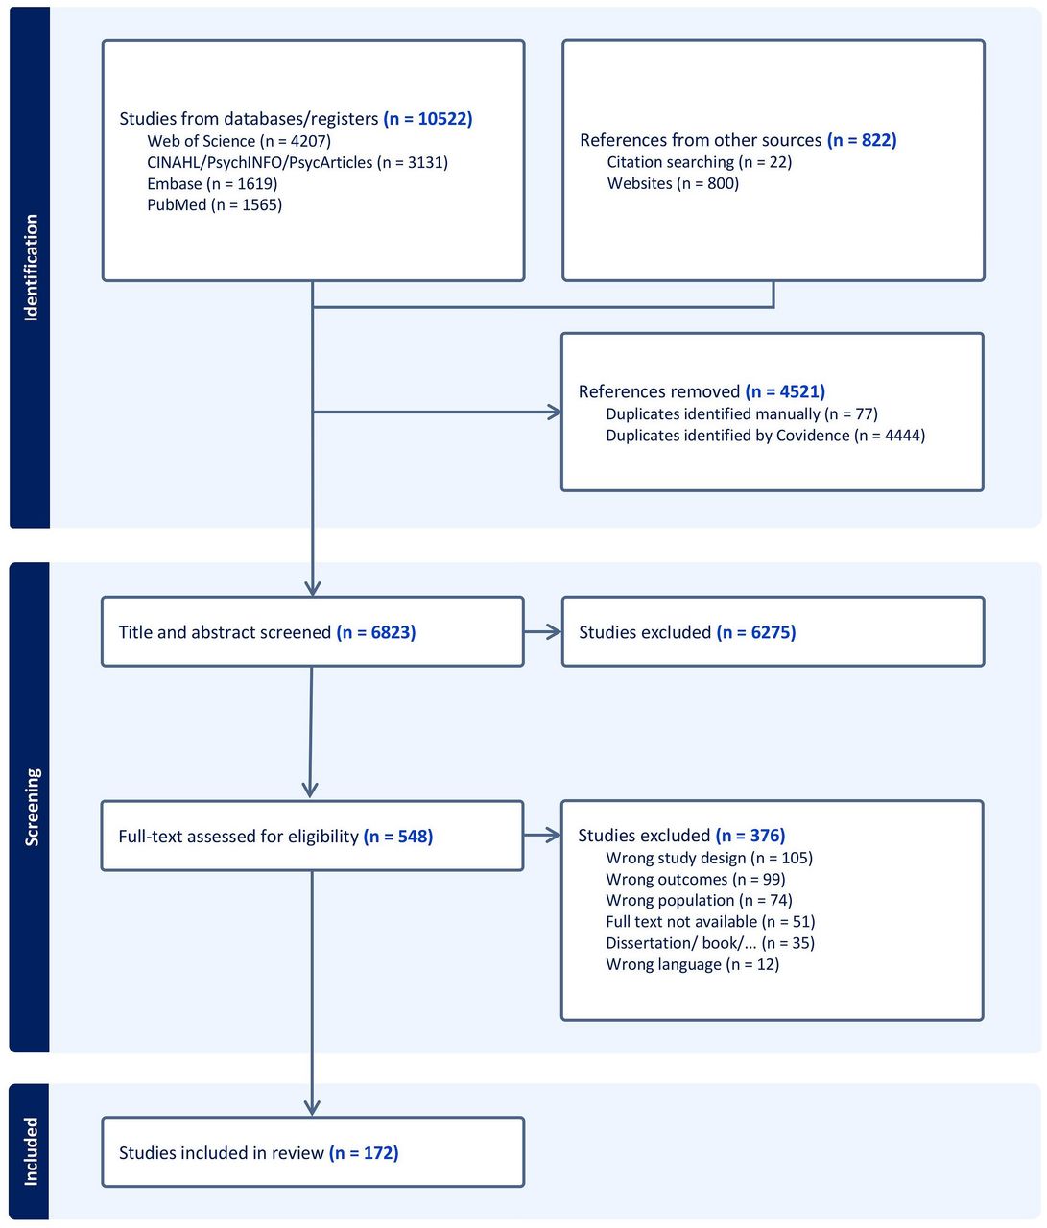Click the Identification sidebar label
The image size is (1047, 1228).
tap(31, 267)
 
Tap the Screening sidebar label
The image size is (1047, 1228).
tap(31, 807)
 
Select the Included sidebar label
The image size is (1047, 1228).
tap(31, 1151)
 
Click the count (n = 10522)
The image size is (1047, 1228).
tap(428, 119)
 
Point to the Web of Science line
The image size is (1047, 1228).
tap(239, 141)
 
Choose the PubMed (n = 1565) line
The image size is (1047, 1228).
tap(214, 204)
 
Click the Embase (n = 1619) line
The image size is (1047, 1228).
tap(211, 183)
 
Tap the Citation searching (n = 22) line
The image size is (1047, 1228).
tap(699, 162)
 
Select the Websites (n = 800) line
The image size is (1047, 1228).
tap(673, 183)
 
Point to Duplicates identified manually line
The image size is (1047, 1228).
tap(741, 413)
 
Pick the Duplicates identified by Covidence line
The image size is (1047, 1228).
tap(765, 436)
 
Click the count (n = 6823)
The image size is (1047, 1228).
tap(376, 632)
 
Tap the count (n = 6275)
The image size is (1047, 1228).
tap(756, 632)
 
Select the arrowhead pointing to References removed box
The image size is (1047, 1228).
tap(555, 413)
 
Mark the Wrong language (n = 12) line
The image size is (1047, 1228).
tap(692, 964)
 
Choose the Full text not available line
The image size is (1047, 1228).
tap(710, 921)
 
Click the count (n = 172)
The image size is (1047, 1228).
tap(364, 1152)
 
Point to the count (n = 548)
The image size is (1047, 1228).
tap(398, 837)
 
